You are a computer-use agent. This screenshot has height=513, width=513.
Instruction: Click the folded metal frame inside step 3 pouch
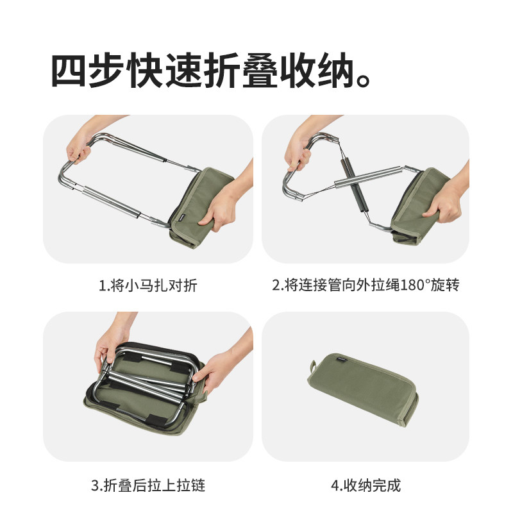point(147,385)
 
